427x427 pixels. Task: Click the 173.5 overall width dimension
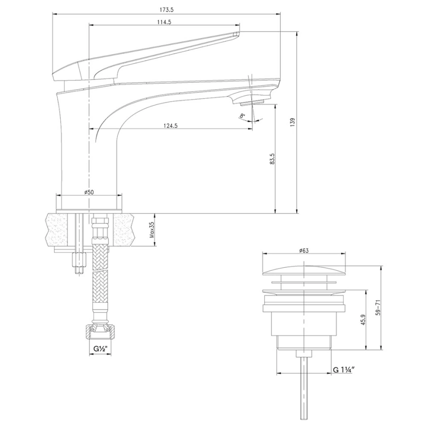tap(167, 9)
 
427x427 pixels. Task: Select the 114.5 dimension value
tap(164, 22)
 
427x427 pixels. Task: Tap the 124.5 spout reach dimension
tap(171, 126)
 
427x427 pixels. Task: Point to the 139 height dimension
tap(292, 122)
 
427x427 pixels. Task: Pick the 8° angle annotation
tap(242, 116)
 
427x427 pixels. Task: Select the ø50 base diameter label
tap(89, 192)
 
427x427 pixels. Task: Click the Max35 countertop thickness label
tap(152, 230)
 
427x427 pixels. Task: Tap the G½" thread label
tap(101, 348)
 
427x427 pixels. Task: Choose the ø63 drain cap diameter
tap(304, 250)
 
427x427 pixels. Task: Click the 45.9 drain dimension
tap(364, 320)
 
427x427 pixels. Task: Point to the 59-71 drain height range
tap(378, 307)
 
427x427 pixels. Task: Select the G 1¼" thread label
tap(344, 370)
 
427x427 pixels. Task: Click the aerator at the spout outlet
tap(252, 103)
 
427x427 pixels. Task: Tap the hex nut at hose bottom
tap(100, 332)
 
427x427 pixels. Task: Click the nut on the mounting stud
tap(79, 260)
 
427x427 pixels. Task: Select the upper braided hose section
tap(100, 255)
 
